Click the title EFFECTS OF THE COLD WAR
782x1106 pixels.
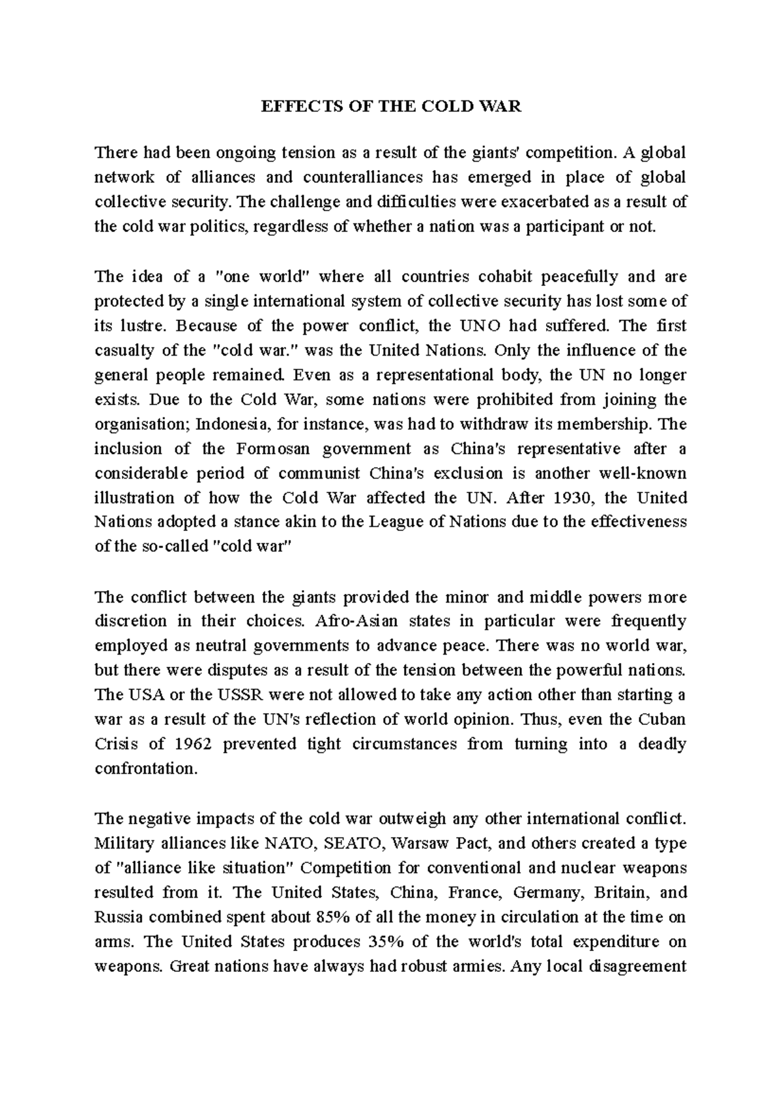coord(391,107)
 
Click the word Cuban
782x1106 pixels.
coord(663,720)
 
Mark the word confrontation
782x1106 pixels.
coord(145,769)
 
